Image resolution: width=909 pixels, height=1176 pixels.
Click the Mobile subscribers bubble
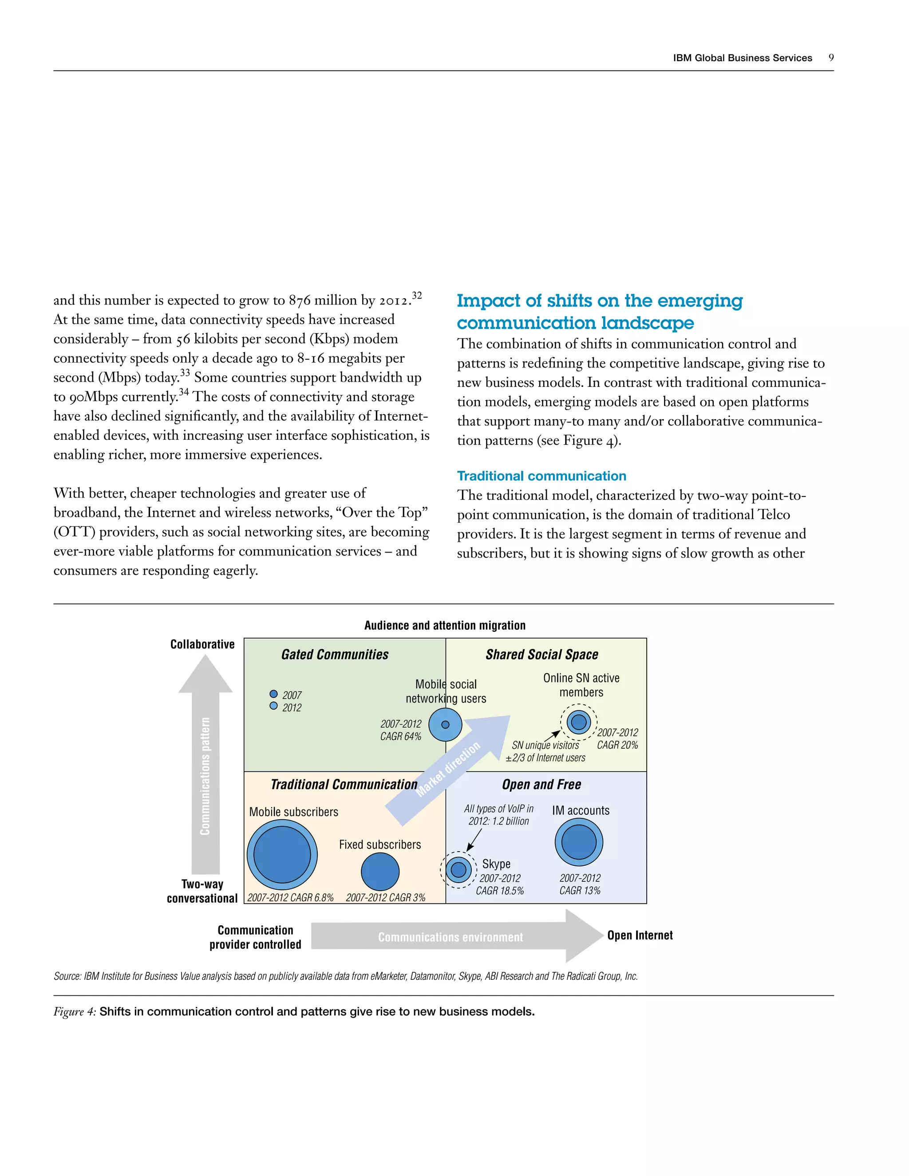(x=282, y=855)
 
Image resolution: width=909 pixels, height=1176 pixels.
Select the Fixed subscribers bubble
(x=380, y=871)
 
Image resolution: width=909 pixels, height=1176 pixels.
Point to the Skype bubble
(x=458, y=869)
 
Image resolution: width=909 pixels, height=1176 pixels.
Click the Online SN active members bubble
(x=579, y=722)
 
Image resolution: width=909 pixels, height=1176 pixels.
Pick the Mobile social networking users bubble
(x=445, y=724)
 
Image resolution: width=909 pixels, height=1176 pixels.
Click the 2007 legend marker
(x=273, y=694)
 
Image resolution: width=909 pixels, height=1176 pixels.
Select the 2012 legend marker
(x=273, y=706)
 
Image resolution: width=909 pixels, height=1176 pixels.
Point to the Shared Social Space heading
(x=542, y=654)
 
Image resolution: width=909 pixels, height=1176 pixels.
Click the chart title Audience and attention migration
(x=445, y=625)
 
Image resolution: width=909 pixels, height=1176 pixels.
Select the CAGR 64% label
(x=401, y=736)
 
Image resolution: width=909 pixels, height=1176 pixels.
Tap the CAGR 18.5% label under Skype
(x=500, y=891)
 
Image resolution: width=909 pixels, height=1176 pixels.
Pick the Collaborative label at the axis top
(x=202, y=644)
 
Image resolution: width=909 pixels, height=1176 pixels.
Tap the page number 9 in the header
(x=831, y=58)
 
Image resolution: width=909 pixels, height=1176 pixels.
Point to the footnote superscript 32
(x=417, y=295)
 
